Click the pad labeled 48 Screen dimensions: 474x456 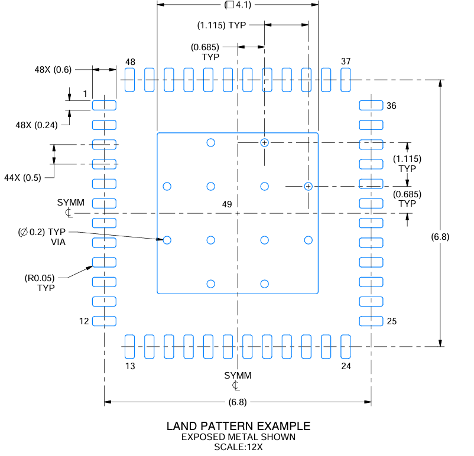pos(129,80)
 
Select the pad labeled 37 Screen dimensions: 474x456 pos(346,80)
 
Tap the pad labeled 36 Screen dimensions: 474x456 pos(371,105)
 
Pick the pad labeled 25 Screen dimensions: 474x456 pos(371,321)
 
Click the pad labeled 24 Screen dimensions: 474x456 pos(346,347)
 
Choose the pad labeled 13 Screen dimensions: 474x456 pos(129,347)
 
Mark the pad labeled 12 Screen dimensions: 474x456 pos(104,321)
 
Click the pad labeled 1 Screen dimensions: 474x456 pos(104,105)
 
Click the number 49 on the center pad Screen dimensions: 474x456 pos(227,204)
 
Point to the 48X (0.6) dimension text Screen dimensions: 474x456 pos(53,70)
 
